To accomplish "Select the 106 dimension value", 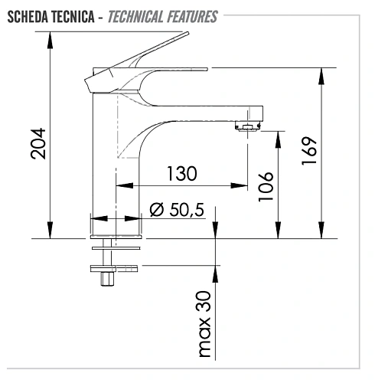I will (265, 185).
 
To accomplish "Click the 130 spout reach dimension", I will (181, 173).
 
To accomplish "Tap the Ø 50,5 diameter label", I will (178, 209).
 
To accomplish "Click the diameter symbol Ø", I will (156, 209).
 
